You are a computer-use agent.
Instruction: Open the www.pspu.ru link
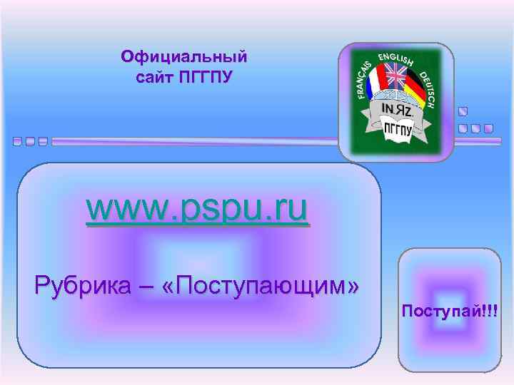point(198,209)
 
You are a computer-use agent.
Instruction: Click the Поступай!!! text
point(450,310)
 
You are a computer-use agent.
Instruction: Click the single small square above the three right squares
point(463,112)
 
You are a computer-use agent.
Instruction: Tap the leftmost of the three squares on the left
point(18,141)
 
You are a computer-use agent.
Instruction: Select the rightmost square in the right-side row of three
point(488,129)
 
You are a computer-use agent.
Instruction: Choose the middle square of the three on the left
point(31,141)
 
